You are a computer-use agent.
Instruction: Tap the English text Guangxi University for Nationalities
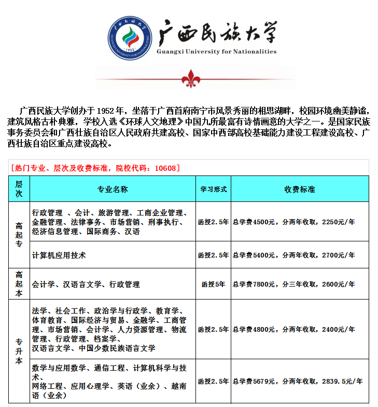216,52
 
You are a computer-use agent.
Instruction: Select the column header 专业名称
113,189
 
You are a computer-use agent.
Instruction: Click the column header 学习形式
214,189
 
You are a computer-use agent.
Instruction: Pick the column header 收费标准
299,189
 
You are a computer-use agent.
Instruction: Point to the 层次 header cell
19,189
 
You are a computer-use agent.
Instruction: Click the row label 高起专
19,235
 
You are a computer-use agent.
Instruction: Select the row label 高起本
19,284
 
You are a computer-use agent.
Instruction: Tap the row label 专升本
19,351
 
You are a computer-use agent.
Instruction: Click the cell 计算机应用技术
59,255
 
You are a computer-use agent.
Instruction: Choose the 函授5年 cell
214,284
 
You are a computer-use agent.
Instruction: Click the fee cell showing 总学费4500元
293,222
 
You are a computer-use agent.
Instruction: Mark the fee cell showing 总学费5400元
293,255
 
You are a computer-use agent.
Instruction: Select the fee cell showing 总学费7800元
293,284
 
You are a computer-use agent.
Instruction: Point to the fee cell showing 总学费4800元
293,329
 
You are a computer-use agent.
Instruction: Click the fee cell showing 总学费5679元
297,381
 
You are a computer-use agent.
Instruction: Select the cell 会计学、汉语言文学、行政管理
86,284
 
